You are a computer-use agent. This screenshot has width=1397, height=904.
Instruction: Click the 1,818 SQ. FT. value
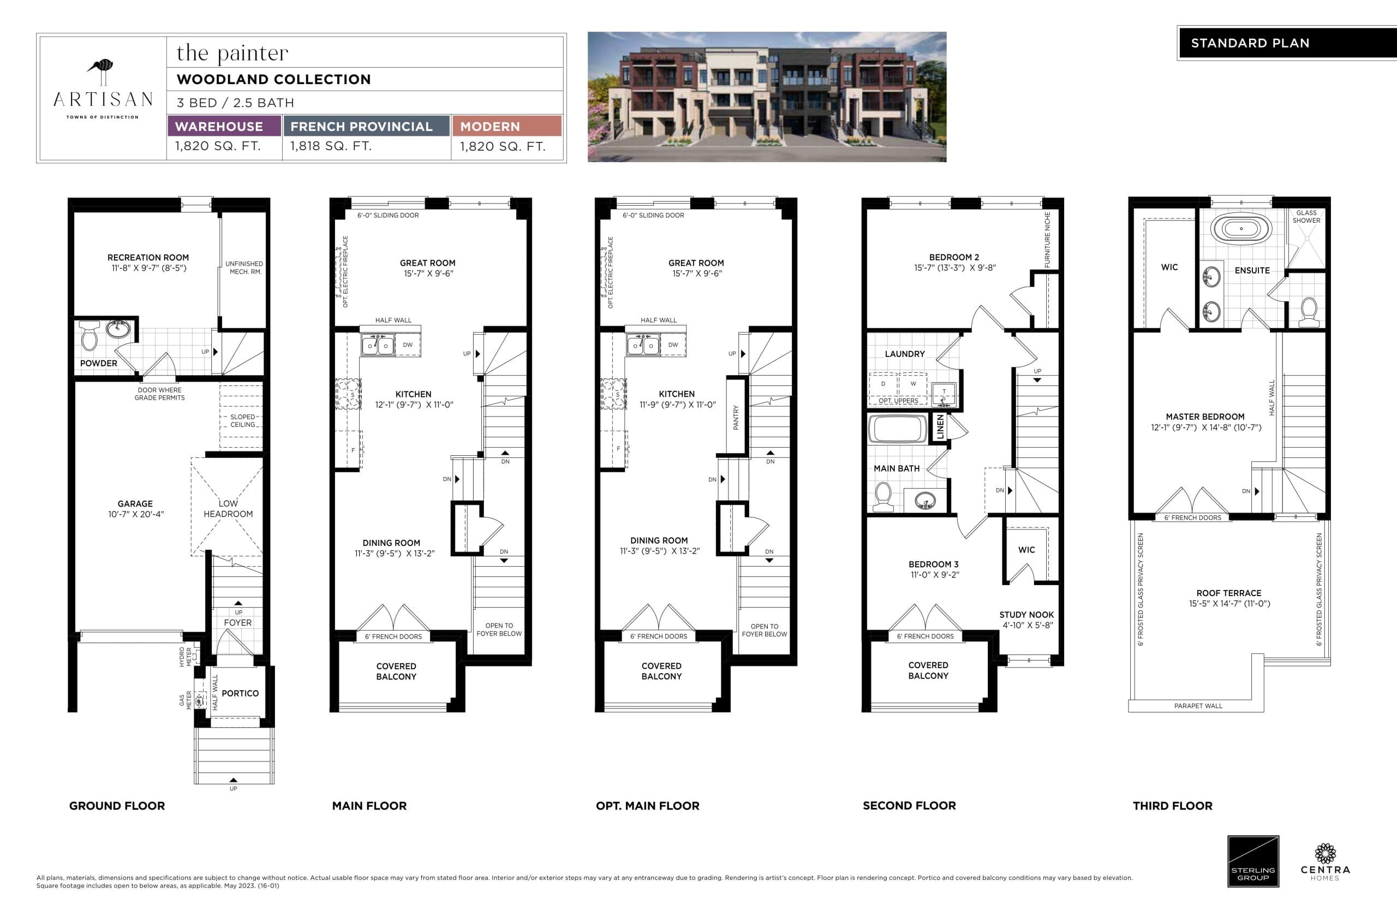click(x=331, y=146)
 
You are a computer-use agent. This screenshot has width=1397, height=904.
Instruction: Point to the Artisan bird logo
click(x=102, y=69)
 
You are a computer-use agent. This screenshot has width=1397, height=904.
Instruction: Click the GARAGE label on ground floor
click(x=135, y=504)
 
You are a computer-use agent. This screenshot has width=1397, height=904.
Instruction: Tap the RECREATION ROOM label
click(x=148, y=258)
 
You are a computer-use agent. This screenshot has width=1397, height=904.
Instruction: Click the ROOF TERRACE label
click(x=1228, y=593)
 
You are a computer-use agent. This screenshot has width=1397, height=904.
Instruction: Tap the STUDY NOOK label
click(x=1026, y=615)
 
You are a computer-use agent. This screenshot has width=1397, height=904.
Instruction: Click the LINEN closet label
click(x=940, y=427)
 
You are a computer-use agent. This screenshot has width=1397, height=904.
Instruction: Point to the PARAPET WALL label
click(x=1198, y=706)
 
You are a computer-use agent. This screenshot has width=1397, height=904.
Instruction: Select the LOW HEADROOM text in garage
click(x=228, y=508)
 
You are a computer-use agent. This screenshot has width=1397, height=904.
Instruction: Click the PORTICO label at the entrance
click(x=240, y=693)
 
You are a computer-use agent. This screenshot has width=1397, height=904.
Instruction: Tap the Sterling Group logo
click(x=1253, y=862)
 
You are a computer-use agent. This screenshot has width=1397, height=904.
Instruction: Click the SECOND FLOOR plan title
click(x=909, y=805)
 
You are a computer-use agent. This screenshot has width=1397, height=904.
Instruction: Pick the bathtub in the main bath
click(x=897, y=429)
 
